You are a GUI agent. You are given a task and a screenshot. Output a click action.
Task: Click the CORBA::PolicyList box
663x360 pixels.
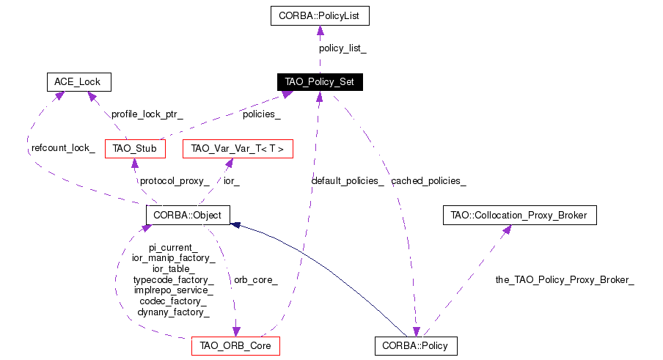(x=319, y=15)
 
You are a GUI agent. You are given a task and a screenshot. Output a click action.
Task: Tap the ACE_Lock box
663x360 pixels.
(x=78, y=81)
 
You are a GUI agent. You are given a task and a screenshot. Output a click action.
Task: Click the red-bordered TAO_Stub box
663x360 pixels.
(x=135, y=149)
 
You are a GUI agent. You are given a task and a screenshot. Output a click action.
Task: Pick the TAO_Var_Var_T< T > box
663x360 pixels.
(x=238, y=149)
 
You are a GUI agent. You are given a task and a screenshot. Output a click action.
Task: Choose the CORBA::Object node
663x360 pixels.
(x=188, y=215)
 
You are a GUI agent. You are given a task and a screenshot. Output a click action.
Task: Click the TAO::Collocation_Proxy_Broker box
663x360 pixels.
(x=520, y=215)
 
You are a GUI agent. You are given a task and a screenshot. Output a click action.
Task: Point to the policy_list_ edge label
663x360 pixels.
(x=343, y=48)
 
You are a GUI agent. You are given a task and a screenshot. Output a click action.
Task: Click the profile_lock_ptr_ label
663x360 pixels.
(x=147, y=114)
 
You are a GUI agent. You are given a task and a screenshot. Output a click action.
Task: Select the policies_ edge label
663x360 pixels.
(x=261, y=114)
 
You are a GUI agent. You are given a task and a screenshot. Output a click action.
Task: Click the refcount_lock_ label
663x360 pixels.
(x=63, y=148)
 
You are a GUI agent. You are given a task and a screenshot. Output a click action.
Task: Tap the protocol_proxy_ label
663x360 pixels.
(x=175, y=180)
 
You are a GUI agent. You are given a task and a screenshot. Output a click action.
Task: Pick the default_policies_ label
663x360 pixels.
(x=348, y=180)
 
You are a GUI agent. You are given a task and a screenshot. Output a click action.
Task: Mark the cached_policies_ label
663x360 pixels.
(x=428, y=180)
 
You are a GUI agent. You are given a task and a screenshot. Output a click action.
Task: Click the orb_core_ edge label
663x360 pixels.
(x=255, y=280)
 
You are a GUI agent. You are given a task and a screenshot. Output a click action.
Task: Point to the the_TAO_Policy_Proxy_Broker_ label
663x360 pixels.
(x=565, y=280)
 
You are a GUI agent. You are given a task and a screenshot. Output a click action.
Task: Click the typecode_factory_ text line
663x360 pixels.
(x=173, y=280)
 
